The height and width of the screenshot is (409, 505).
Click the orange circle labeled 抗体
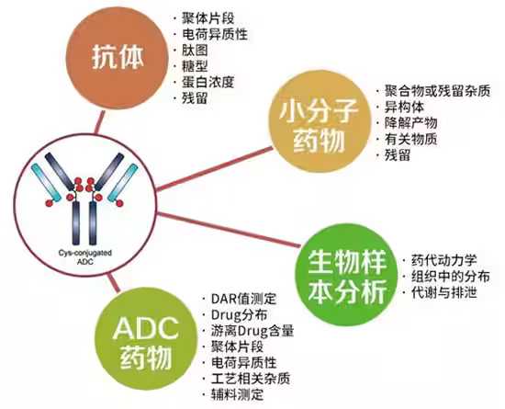[x=118, y=59]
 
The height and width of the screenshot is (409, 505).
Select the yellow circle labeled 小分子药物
[x=320, y=125]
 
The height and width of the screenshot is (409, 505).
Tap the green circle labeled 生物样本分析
[x=348, y=276]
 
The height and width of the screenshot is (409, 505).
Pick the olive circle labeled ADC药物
[x=146, y=343]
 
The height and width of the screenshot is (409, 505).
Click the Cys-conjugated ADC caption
[x=85, y=256]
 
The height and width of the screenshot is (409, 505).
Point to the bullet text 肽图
[x=195, y=50]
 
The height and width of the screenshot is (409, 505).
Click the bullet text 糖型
[x=195, y=66]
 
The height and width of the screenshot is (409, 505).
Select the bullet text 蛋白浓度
[x=208, y=82]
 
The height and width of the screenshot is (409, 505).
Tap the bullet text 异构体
[x=405, y=107]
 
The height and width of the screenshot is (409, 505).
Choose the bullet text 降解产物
[x=411, y=123]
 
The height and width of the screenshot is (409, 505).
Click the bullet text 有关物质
[x=411, y=139]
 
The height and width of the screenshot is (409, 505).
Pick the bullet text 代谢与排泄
[x=443, y=292]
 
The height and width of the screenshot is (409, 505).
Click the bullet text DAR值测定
[x=244, y=299]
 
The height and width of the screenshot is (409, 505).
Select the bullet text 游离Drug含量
[x=252, y=331]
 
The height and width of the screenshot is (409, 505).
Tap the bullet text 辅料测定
[x=238, y=394]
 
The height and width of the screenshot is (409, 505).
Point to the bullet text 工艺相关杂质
[x=251, y=379]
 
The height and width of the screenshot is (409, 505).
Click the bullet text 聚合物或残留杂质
[x=437, y=91]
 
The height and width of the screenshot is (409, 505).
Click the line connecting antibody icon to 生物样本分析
[x=228, y=230]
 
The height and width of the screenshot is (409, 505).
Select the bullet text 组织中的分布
[x=451, y=277]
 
